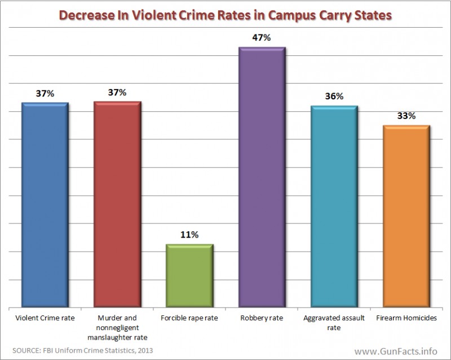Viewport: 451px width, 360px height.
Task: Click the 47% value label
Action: (262, 38)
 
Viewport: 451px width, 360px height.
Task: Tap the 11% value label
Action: (189, 235)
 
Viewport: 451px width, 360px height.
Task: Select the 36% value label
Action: (334, 96)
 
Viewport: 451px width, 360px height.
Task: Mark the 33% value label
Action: (406, 116)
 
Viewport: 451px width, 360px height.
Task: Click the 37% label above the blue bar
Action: (44, 93)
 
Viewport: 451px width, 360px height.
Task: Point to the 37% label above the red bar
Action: (117, 92)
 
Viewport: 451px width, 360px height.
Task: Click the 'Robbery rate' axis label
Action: (262, 319)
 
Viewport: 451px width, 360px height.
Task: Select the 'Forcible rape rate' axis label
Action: (189, 319)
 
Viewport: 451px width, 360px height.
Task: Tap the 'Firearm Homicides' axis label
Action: (406, 319)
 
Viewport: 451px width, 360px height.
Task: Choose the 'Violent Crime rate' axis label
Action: (44, 319)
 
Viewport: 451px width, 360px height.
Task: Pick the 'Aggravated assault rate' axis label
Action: (334, 323)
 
